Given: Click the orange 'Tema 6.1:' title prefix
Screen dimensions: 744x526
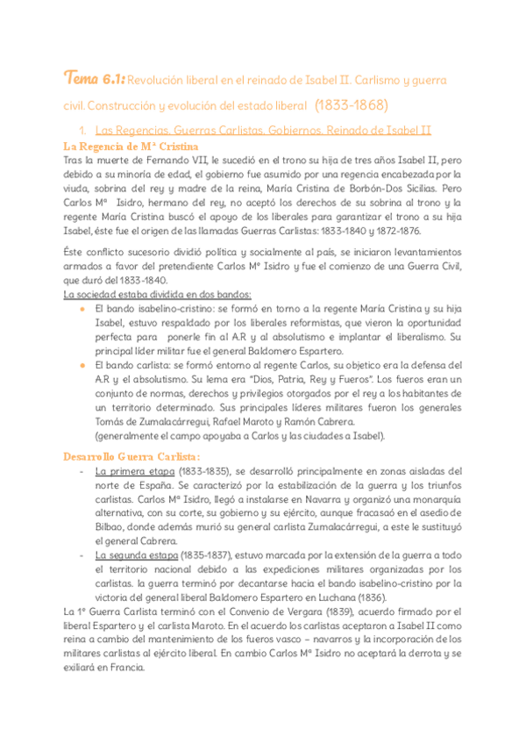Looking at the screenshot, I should tap(94, 81).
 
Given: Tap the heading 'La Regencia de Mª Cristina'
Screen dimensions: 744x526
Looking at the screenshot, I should tap(131, 146).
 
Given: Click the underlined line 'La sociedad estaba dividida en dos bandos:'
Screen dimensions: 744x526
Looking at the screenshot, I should tap(159, 294).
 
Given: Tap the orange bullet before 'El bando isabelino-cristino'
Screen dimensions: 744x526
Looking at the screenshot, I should tap(82, 309).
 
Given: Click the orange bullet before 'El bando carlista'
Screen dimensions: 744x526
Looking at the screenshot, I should tap(82, 364).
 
